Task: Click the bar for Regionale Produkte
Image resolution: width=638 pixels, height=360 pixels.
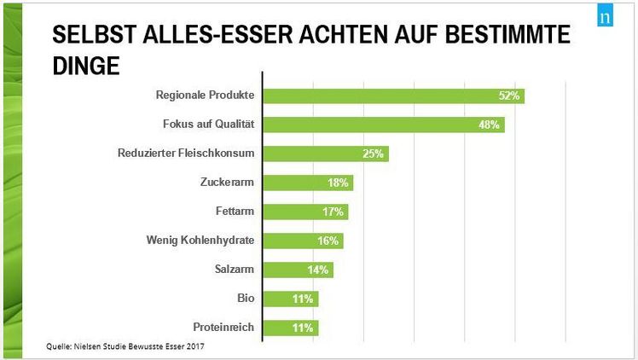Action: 392,96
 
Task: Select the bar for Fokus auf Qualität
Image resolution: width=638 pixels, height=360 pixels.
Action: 383,125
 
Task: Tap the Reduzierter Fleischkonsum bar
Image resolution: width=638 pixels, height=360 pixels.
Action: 325,154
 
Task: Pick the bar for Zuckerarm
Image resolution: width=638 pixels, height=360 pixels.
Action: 307,183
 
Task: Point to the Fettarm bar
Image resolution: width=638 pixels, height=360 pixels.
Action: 304,212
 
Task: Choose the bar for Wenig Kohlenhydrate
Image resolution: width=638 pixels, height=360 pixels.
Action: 302,241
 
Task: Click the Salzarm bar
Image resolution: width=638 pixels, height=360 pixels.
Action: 297,270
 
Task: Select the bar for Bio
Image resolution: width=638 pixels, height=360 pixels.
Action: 290,299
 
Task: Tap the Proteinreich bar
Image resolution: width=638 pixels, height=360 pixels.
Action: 290,328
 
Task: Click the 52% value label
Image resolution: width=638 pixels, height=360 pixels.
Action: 509,96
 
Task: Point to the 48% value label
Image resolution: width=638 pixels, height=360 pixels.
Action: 490,125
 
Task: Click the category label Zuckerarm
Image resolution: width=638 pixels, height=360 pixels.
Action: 228,183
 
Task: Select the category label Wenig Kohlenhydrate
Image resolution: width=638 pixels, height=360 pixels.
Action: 200,241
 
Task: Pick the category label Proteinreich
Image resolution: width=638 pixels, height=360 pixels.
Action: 219,328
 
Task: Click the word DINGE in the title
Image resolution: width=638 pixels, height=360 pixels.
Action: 85,65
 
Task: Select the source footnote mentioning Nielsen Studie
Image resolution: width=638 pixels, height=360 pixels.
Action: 125,346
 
